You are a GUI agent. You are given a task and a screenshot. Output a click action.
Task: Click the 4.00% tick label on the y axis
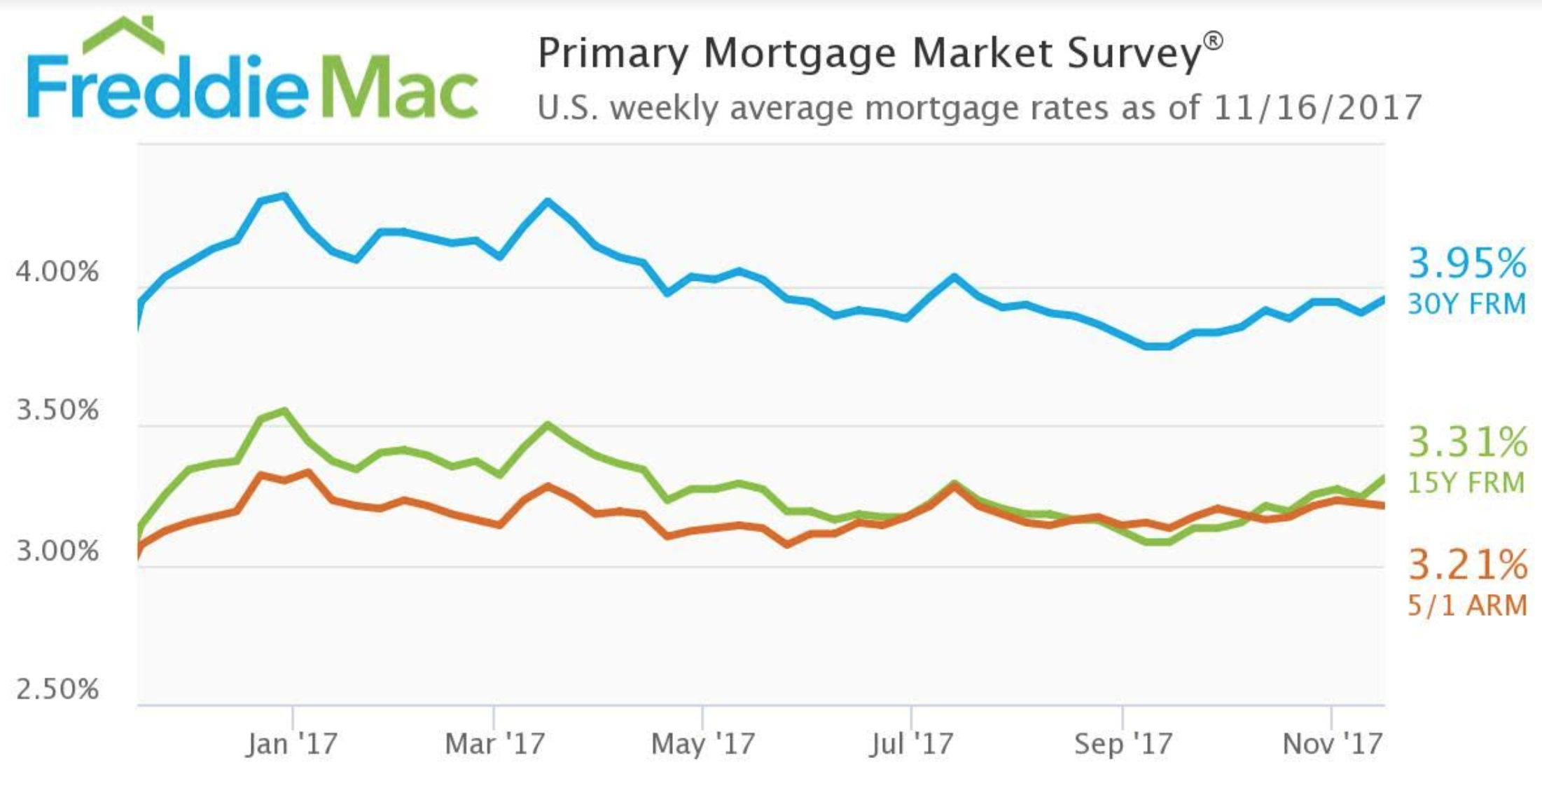pos(57,271)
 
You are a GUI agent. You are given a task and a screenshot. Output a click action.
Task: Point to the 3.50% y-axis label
pos(57,410)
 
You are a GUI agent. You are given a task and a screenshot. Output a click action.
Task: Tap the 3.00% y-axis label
pos(57,551)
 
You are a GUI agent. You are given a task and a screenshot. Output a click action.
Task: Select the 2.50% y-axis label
pos(57,689)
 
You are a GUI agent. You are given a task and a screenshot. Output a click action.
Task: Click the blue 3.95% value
pos(1466,263)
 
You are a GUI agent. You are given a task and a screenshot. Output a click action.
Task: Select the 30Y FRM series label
pos(1466,304)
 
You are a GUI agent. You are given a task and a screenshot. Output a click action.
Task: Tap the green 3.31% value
pos(1467,442)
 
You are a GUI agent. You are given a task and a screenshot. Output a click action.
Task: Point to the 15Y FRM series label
pos(1466,483)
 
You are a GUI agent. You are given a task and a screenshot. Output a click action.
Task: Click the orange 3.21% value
pos(1467,565)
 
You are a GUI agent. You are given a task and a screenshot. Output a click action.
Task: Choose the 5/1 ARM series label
pos(1467,605)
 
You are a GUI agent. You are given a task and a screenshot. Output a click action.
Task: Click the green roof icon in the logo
pos(123,35)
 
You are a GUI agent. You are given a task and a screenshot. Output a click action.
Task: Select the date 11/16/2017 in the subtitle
pos(1317,108)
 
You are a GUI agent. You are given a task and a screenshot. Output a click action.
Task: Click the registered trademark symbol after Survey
pos(1214,41)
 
